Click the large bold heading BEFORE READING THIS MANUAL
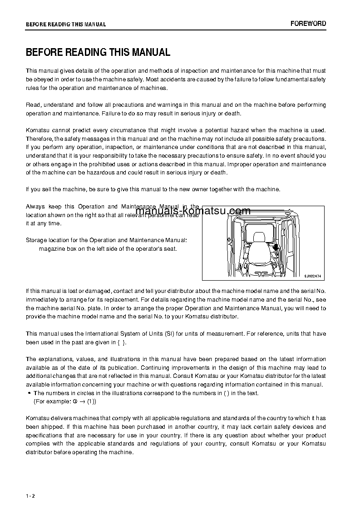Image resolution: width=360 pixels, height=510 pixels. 98,52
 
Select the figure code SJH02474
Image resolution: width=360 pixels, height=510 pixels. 312,276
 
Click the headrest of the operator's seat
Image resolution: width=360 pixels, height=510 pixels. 259,237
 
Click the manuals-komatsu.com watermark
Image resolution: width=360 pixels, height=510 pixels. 193,211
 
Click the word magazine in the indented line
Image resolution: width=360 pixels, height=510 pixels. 51,248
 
